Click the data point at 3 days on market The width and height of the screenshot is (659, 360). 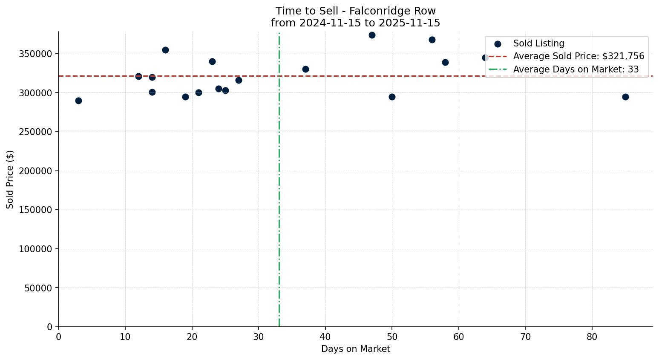pyautogui.click(x=78, y=101)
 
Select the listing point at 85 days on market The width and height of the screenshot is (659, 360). pyautogui.click(x=625, y=97)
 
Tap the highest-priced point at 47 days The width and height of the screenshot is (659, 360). pyautogui.click(x=372, y=35)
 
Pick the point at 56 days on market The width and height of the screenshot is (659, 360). pyautogui.click(x=432, y=40)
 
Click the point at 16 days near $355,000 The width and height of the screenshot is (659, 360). pyautogui.click(x=165, y=50)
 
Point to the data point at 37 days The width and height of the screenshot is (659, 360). pyautogui.click(x=305, y=69)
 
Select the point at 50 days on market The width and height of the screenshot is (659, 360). pyautogui.click(x=392, y=97)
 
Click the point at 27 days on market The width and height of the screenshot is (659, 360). pyautogui.click(x=239, y=80)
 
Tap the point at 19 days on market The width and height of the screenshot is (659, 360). pyautogui.click(x=185, y=97)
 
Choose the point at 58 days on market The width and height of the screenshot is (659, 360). pyautogui.click(x=445, y=62)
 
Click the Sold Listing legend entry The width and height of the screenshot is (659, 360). pyautogui.click(x=538, y=43)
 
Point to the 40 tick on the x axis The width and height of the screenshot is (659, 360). pyautogui.click(x=325, y=337)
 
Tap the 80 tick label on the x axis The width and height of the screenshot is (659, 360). pyautogui.click(x=592, y=337)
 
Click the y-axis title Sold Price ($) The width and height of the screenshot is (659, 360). pyautogui.click(x=10, y=179)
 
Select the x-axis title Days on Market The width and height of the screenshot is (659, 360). pyautogui.click(x=356, y=349)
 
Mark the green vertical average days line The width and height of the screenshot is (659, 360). pyautogui.click(x=279, y=192)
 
